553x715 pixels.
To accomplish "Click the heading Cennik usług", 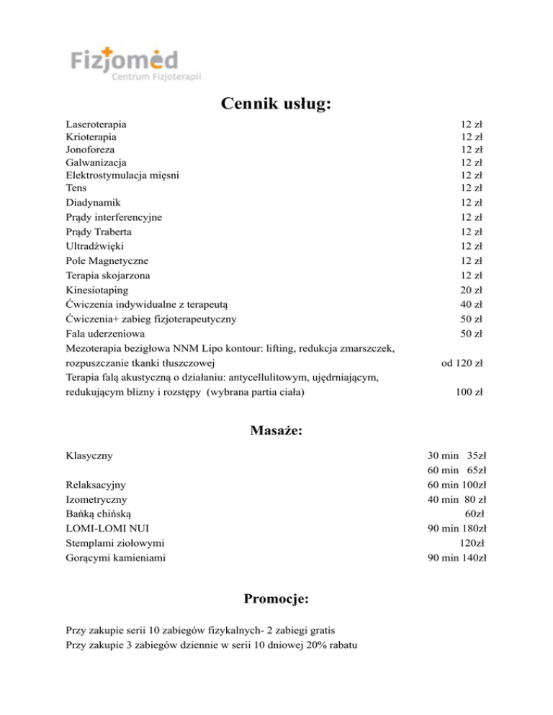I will [x=276, y=104].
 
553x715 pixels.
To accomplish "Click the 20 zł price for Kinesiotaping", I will [x=471, y=290].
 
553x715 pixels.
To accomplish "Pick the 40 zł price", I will [x=471, y=304].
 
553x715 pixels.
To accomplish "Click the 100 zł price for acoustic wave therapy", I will [x=469, y=392].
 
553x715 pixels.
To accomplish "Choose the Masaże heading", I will [x=276, y=431].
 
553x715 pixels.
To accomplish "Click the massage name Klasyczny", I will [x=89, y=455].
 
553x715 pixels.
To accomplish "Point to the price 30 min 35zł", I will [x=457, y=455].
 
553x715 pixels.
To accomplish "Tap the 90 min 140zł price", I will [x=457, y=557].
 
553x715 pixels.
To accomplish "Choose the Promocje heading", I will [x=276, y=598].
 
